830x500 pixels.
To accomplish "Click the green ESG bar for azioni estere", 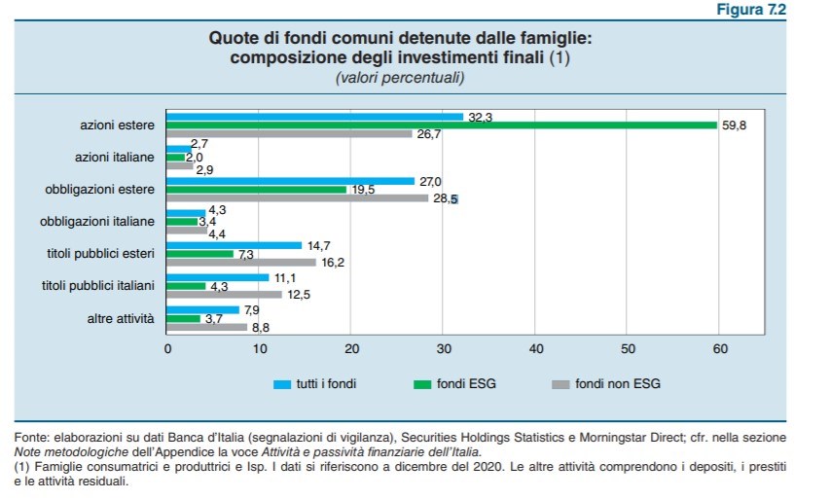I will coord(442,125).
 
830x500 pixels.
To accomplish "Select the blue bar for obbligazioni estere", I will coord(291,180).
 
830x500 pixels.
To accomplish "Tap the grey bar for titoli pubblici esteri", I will coord(241,262).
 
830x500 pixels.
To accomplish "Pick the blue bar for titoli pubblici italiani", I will coord(218,277).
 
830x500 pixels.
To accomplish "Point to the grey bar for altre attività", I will coord(207,327).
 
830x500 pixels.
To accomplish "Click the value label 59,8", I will coord(735,126).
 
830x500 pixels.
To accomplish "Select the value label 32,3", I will coord(481,117).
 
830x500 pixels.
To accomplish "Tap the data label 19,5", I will coord(363,190).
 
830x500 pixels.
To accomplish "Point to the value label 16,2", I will coord(334,262).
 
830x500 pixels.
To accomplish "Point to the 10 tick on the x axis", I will coord(260,348).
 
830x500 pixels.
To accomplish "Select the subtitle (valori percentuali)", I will coord(400,76).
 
